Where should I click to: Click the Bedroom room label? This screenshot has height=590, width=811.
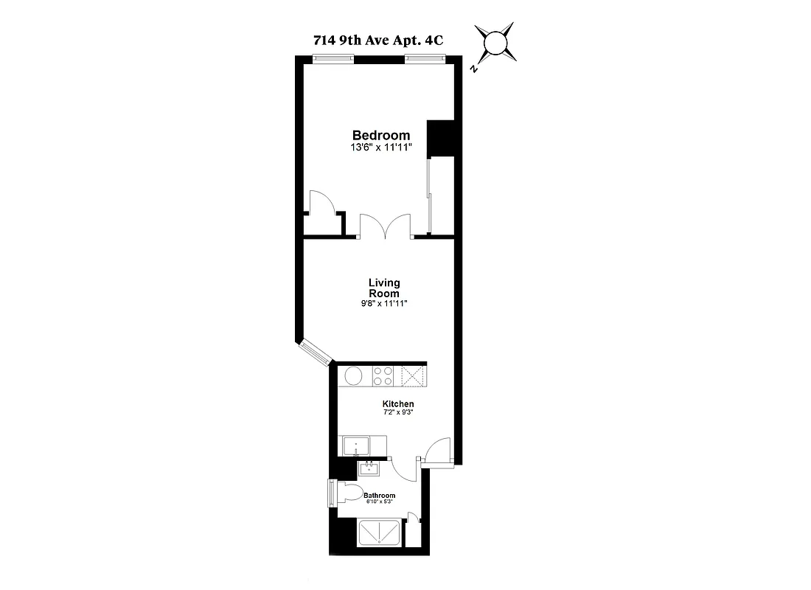point(380,135)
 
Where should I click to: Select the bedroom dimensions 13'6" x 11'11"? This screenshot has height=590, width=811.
point(380,147)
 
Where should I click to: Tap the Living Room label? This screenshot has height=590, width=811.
point(384,288)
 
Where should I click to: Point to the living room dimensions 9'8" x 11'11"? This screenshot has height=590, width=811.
point(384,303)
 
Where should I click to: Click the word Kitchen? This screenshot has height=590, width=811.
point(397,404)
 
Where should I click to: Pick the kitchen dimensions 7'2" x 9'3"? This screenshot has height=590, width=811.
point(397,413)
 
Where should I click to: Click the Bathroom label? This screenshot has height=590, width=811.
point(379,496)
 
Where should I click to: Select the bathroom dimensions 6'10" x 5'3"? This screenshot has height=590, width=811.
point(379,502)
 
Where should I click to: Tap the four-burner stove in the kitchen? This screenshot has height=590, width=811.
point(383,376)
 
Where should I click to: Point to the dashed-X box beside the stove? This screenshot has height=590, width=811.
point(413,376)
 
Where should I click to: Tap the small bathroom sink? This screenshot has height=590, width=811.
point(366,468)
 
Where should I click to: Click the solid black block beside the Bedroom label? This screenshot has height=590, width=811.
point(440,138)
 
